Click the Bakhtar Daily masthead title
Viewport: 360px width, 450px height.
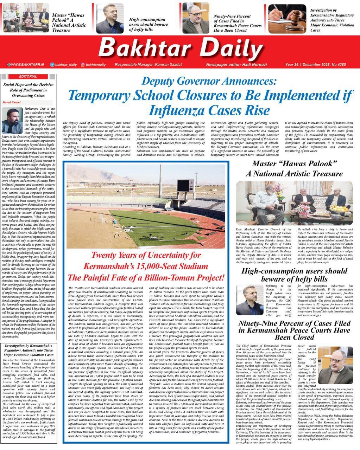[x=182, y=49]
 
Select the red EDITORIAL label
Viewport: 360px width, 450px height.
[x=28, y=76]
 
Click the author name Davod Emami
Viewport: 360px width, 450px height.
[x=12, y=102]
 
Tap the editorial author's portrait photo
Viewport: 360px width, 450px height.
[x=12, y=120]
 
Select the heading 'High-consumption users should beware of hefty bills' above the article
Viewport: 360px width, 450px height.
[x=294, y=275]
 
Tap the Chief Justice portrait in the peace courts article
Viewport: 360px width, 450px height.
[x=335, y=366]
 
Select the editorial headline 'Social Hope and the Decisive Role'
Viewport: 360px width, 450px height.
[x=28, y=90]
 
